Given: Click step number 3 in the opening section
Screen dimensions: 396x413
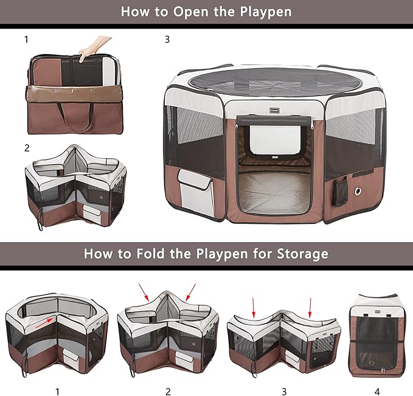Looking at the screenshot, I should click(x=167, y=40).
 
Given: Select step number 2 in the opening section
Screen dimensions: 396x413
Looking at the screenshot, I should click(x=27, y=147).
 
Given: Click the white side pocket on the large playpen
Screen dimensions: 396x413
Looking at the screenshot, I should click(x=196, y=191).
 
